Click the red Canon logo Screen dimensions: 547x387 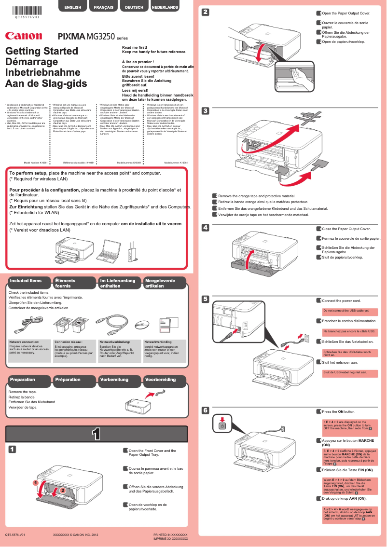point(24,36)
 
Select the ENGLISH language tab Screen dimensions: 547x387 point(72,8)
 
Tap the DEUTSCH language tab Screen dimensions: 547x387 point(134,8)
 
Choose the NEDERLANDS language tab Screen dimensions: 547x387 point(165,8)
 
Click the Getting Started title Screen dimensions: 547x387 point(41,51)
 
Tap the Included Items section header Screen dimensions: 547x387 point(26,281)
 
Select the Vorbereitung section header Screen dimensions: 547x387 point(114,380)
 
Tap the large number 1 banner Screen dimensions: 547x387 point(96,434)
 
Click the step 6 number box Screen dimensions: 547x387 point(205,410)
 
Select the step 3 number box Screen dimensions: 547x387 point(205,110)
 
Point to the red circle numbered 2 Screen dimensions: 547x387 point(62,490)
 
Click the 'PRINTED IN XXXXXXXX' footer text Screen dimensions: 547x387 point(170,535)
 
